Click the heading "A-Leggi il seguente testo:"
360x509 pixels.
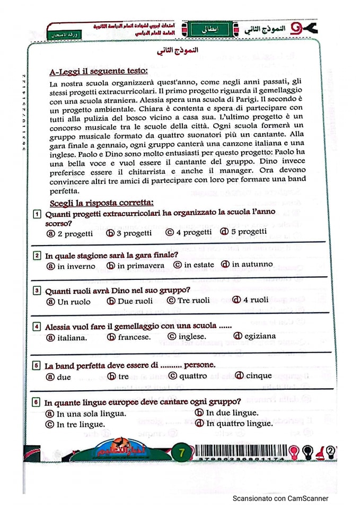pyautogui.click(x=99, y=71)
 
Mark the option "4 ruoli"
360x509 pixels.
pyautogui.click(x=250, y=300)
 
